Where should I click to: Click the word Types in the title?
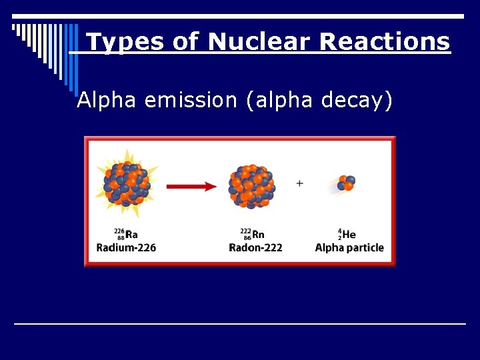click(126, 42)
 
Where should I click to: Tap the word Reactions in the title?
click(385, 42)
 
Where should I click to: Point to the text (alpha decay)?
click(319, 101)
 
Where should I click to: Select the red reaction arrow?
click(191, 186)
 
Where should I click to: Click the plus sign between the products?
click(300, 183)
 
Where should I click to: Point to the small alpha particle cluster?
click(346, 183)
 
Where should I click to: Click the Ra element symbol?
click(131, 235)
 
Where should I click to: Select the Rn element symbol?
click(259, 235)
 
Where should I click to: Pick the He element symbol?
click(349, 235)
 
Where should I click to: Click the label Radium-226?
click(126, 247)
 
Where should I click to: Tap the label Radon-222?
click(255, 247)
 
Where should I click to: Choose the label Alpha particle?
click(349, 247)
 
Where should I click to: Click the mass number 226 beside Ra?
click(119, 231)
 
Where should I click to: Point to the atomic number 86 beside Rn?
click(247, 237)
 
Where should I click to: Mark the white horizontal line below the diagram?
click(240, 323)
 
